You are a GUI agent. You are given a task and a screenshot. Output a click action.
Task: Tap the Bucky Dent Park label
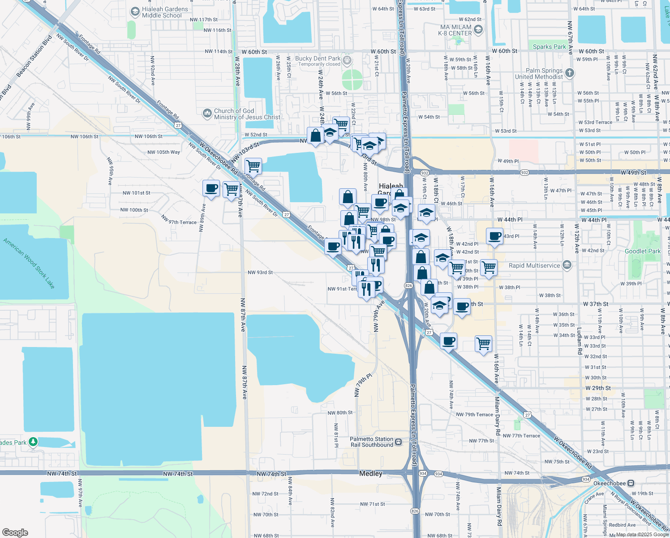click(x=318, y=59)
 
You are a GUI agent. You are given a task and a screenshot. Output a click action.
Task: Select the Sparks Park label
click(x=549, y=47)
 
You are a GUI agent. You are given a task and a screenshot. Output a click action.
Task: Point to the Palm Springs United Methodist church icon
click(x=569, y=73)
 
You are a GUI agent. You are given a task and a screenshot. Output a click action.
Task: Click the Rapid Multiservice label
click(x=534, y=265)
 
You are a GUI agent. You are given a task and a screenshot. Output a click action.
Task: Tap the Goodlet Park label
click(x=642, y=251)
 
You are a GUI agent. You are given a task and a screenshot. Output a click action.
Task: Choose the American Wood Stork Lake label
click(x=29, y=263)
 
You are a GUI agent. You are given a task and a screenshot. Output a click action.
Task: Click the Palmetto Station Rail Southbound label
click(x=371, y=442)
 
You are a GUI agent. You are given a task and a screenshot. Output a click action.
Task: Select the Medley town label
click(x=371, y=473)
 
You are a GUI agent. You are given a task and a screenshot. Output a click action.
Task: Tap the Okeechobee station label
click(x=609, y=483)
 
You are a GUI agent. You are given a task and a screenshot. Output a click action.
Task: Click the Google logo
click(x=15, y=532)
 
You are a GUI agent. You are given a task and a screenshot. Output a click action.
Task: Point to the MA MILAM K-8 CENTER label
click(x=455, y=30)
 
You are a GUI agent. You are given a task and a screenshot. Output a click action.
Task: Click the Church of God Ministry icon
click(x=207, y=113)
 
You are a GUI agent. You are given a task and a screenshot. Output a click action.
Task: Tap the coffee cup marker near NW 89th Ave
click(x=211, y=188)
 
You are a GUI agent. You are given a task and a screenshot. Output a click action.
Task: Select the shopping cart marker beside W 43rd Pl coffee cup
click(x=489, y=268)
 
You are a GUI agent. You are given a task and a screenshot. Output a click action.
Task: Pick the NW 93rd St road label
click(x=260, y=273)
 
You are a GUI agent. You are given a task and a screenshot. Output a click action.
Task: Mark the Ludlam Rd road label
click(x=579, y=341)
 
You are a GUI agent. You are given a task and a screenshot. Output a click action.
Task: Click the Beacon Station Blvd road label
click(x=34, y=56)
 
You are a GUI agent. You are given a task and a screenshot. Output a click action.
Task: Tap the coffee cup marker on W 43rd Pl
click(x=495, y=236)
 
